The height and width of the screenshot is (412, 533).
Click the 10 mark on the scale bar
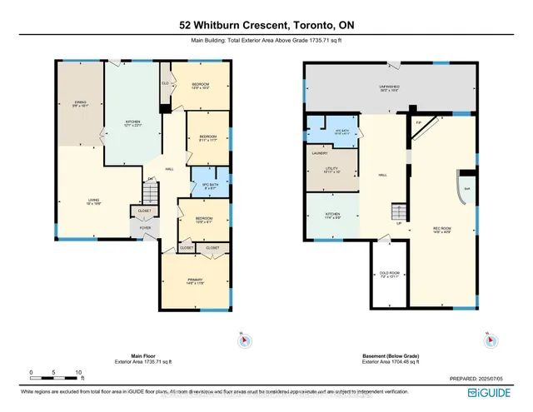(x=78, y=373)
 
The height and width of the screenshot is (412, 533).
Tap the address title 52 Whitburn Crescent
(x=266, y=25)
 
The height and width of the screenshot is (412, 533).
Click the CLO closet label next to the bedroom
(x=165, y=83)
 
